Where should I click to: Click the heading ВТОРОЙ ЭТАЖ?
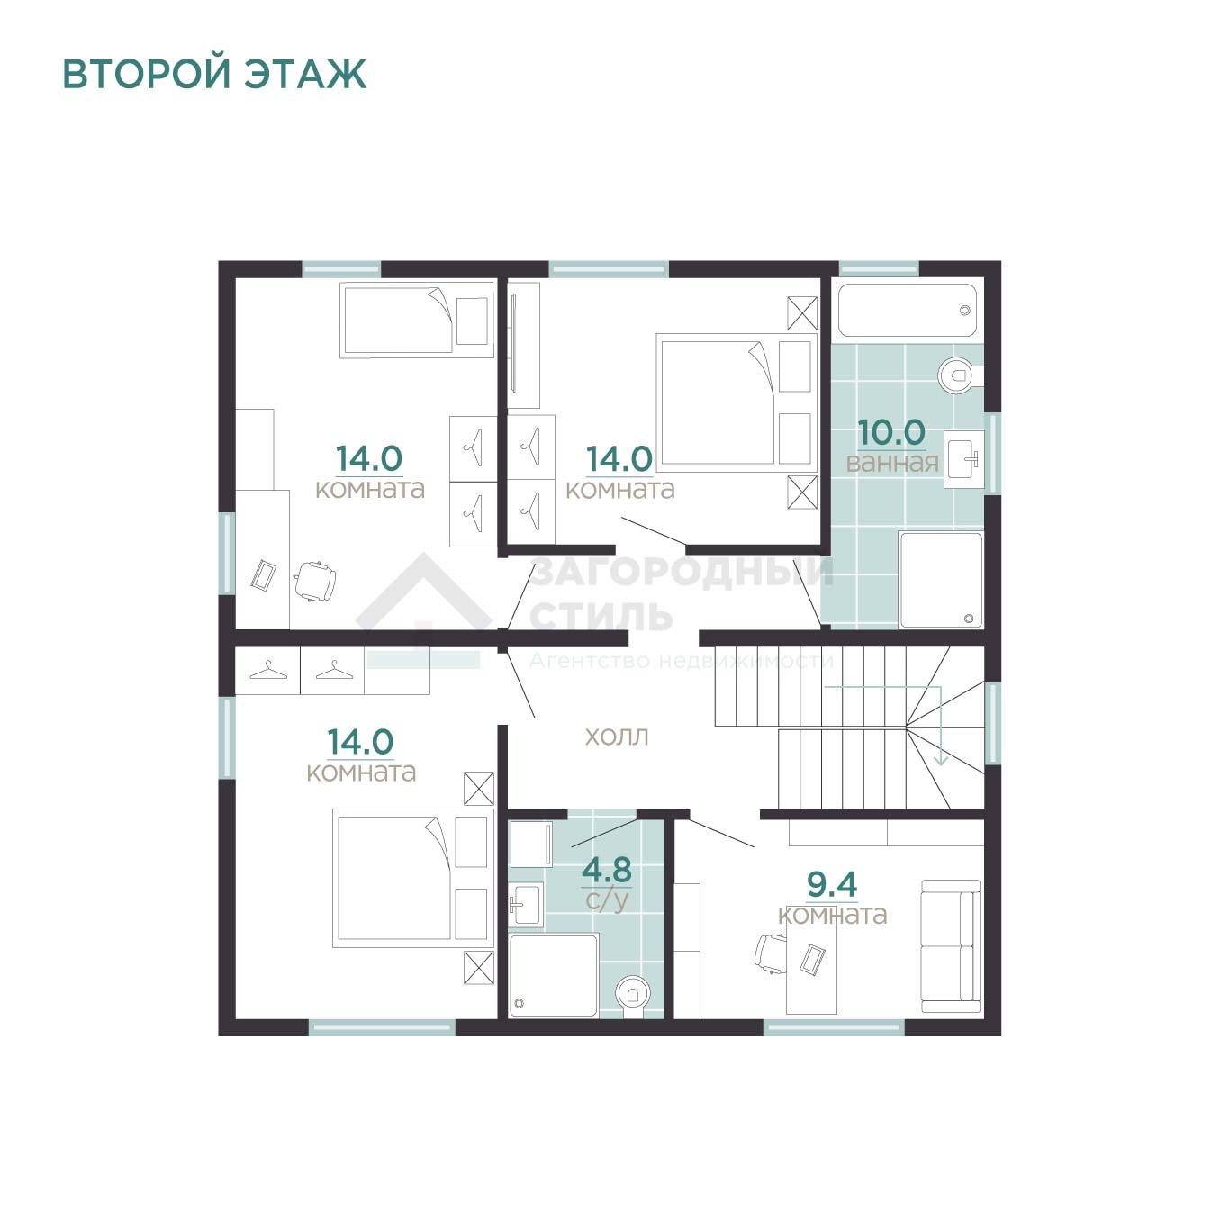[214, 74]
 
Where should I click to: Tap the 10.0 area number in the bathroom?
[891, 432]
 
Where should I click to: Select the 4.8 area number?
[607, 870]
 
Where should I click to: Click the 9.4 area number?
[832, 884]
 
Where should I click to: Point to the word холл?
[617, 737]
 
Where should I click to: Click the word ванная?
[892, 464]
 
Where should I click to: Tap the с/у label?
[607, 899]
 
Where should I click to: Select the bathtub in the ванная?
[908, 311]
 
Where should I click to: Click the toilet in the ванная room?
[961, 375]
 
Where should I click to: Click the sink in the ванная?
[963, 459]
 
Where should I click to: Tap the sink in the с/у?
[526, 904]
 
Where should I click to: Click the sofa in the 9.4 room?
[950, 946]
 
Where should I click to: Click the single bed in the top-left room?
[417, 321]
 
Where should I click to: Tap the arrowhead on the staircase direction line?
[942, 759]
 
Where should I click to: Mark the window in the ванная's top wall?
[879, 269]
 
